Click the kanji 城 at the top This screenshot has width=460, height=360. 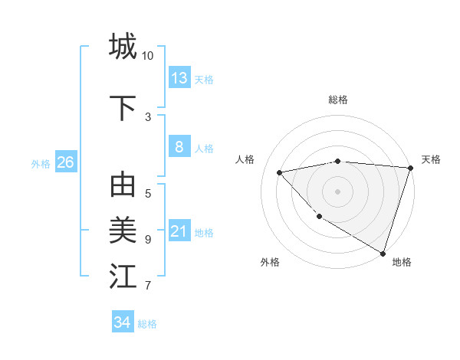click(123, 46)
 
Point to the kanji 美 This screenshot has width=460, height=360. click(123, 230)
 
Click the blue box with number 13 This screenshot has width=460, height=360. click(179, 77)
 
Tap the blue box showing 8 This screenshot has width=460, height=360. click(179, 147)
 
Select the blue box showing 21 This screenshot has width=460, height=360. click(179, 231)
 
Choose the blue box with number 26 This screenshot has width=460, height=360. click(65, 162)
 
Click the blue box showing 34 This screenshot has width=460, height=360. click(123, 322)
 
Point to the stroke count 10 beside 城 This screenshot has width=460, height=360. click(148, 56)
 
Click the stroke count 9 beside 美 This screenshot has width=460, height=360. click(148, 240)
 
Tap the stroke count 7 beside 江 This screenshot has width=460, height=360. click(148, 286)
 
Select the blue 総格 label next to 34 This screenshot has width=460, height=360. click(148, 324)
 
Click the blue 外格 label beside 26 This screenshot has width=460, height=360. click(41, 163)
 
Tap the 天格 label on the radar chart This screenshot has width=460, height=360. click(431, 159)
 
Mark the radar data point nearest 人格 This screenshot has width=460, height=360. click(280, 172)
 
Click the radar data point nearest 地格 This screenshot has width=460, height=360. click(383, 253)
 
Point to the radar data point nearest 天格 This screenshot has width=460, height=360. click(410, 168)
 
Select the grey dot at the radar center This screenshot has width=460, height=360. click(337, 191)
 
